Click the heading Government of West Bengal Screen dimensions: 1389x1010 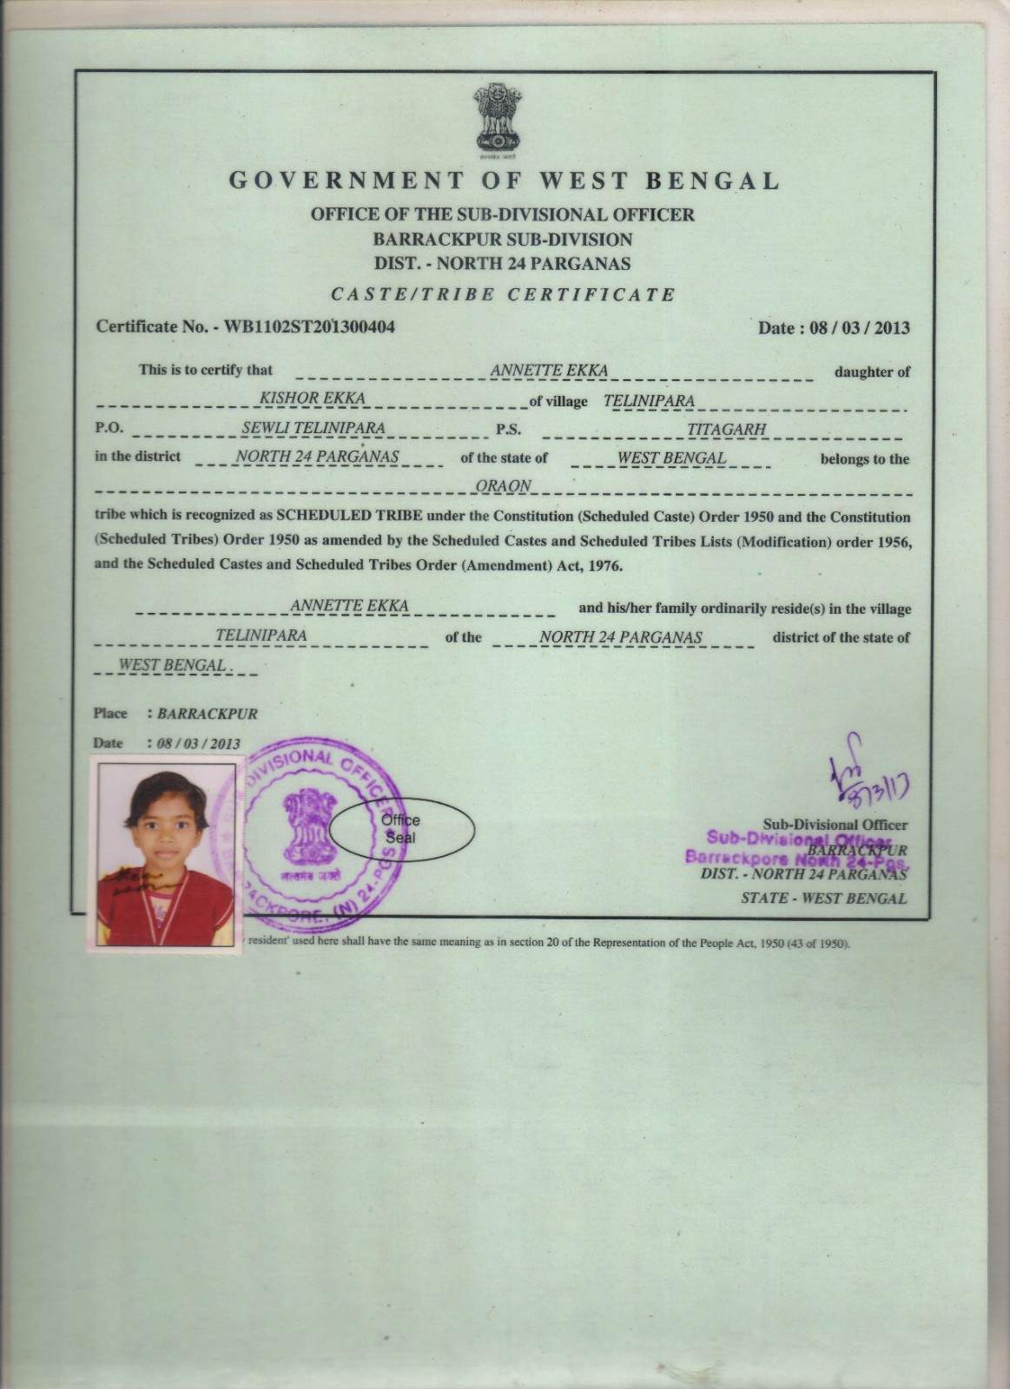[x=505, y=181]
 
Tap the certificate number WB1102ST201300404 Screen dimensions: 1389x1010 [x=310, y=327]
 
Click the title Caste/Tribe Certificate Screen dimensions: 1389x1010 [x=504, y=293]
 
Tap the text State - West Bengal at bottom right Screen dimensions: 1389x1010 [x=823, y=899]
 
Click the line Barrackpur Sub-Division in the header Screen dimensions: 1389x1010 [x=504, y=239]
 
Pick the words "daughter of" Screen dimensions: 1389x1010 [x=872, y=372]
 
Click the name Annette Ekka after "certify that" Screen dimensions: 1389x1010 [x=549, y=371]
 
